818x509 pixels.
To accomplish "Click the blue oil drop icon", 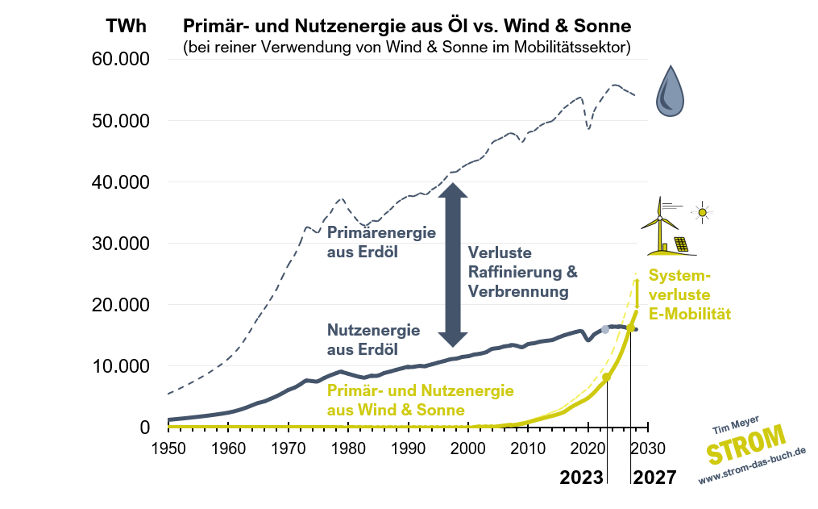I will [x=670, y=91].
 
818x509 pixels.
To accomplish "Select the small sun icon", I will [x=702, y=213].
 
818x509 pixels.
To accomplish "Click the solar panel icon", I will [x=681, y=244].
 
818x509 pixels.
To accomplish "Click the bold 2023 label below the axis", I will [x=582, y=478].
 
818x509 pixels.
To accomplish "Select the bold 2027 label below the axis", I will [x=654, y=478].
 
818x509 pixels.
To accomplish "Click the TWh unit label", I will [x=127, y=25].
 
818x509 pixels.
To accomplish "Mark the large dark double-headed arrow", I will [x=453, y=263].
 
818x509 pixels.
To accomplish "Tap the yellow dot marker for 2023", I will [x=607, y=378].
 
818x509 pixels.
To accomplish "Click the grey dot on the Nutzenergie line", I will [x=605, y=330].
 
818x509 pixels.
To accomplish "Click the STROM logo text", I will [x=745, y=445].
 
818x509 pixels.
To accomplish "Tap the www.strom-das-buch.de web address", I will [x=752, y=467].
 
